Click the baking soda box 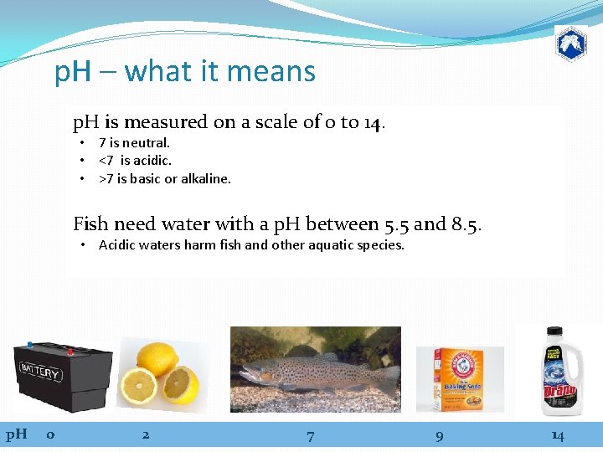(x=460, y=379)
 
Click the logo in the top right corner (x=570, y=43)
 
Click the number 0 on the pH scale (x=51, y=434)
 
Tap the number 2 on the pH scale (x=146, y=434)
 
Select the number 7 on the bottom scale (x=311, y=435)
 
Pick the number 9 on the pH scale (x=440, y=435)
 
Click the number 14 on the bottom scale (x=557, y=435)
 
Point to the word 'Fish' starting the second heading (x=90, y=223)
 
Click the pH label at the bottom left (x=17, y=434)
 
